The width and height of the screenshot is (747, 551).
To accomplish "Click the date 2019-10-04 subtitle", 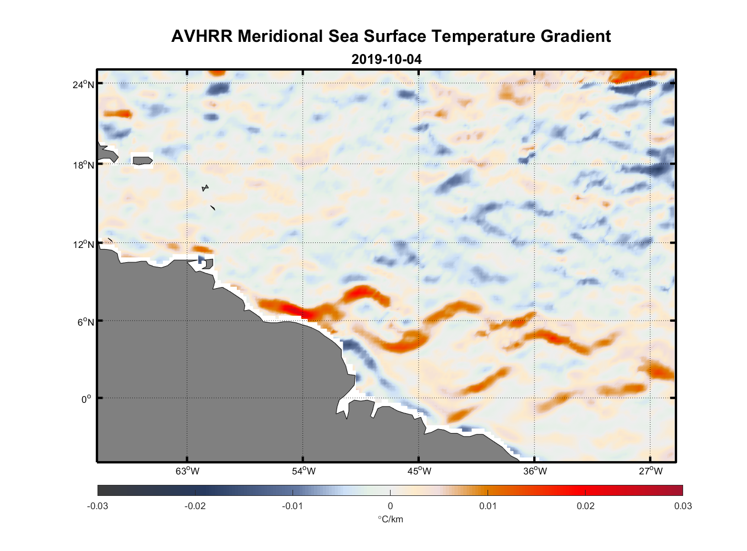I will click(x=386, y=59).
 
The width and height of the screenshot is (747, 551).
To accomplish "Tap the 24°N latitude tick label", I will click(x=83, y=84).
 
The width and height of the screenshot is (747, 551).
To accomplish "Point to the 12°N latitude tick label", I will click(x=83, y=244).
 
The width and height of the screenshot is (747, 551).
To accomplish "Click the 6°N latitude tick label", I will click(x=85, y=322).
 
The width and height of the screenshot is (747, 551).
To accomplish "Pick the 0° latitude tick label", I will click(x=86, y=399).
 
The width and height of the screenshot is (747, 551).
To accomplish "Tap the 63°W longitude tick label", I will click(x=187, y=471).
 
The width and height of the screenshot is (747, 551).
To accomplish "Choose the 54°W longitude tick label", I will click(x=304, y=471).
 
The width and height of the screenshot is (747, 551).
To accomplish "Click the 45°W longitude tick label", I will click(x=419, y=471).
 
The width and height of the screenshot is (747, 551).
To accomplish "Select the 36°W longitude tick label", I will click(x=535, y=471).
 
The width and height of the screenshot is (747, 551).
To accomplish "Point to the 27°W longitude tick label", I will click(x=651, y=471).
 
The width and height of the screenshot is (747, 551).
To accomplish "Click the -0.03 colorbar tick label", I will click(x=98, y=506).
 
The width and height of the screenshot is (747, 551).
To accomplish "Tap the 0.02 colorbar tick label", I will click(x=585, y=506).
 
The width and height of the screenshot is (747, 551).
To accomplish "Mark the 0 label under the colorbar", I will click(x=390, y=506).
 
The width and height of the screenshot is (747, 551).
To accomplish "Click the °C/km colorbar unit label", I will click(x=390, y=520).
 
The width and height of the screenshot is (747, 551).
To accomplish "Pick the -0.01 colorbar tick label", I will click(x=293, y=506).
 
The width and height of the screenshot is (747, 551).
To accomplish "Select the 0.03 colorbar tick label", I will click(x=683, y=506).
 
